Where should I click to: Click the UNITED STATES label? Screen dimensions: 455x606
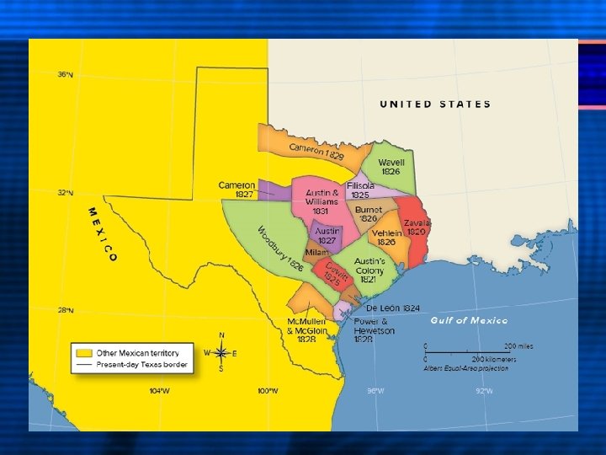coord(435,104)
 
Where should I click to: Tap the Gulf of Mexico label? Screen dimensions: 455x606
coord(469,320)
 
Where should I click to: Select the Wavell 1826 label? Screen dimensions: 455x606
coord(391,166)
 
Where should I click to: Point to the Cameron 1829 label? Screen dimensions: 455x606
coord(316,153)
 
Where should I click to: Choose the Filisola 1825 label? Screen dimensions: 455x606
coord(360,190)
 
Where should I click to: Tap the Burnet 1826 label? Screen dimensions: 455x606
coord(369,214)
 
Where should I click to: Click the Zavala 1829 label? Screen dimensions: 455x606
coord(417,227)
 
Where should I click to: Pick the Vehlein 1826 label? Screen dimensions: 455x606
coord(386,237)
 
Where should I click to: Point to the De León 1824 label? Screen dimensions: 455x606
coord(394,308)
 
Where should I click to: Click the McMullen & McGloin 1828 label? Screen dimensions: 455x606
coord(306,330)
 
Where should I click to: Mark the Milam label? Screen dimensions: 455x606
coord(317,253)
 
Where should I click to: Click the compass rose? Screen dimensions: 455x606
coord(221,353)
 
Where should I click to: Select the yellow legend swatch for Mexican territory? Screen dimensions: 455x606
coord(82,352)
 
